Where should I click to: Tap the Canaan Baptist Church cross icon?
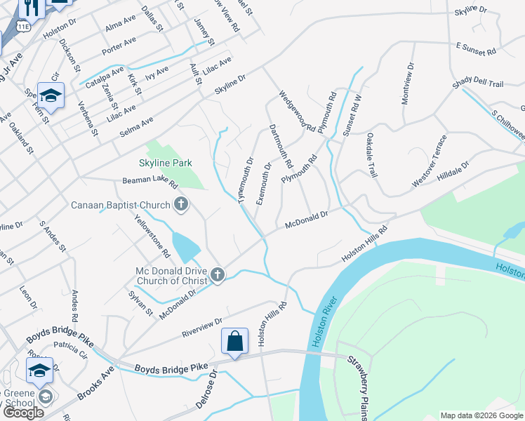coord(181,205)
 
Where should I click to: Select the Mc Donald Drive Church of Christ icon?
coord(217,275)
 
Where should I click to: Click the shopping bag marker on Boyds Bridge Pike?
coord(235,342)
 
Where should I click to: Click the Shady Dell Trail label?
coord(478,84)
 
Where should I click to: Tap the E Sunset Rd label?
coord(476,50)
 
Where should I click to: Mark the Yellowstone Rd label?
coord(157,234)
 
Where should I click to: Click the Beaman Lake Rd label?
coord(150,185)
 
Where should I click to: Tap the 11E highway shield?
coord(24,26)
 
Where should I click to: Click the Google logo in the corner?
coord(23,412)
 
